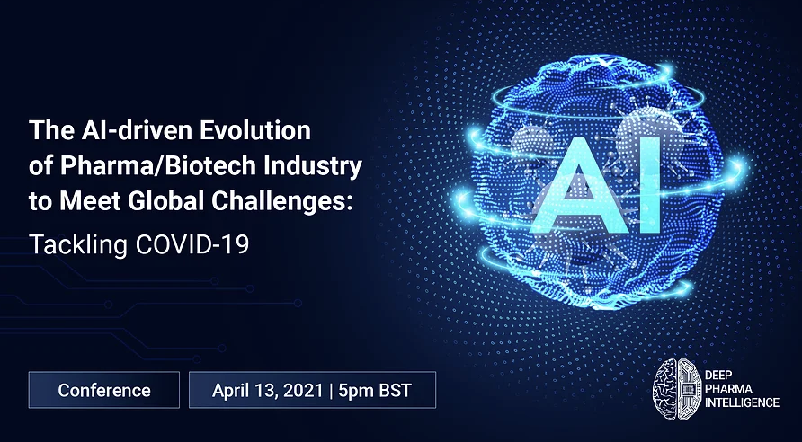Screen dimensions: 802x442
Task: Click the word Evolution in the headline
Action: point(254,130)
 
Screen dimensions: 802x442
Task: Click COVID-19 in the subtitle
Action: point(192,244)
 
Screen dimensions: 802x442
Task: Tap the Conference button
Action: point(103,390)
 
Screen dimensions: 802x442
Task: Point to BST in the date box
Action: point(395,391)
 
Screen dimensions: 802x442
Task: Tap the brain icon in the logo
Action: point(677,388)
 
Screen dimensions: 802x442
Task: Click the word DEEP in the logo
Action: point(716,376)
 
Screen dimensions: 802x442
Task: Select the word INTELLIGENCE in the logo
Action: point(742,402)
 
